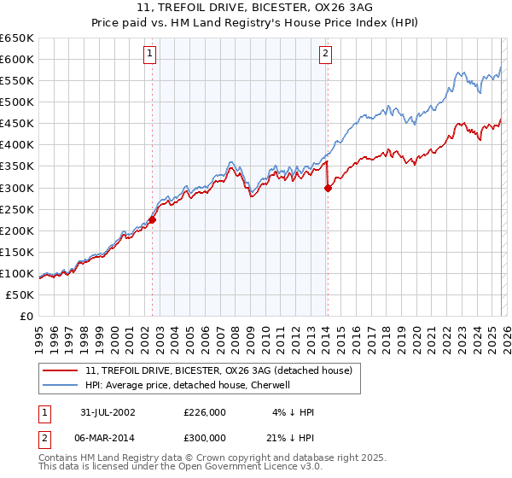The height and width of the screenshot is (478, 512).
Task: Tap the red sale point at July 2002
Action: coord(153,219)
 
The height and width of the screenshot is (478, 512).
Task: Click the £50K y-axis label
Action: coord(20,294)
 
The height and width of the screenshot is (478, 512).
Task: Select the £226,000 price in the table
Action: coord(205,412)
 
